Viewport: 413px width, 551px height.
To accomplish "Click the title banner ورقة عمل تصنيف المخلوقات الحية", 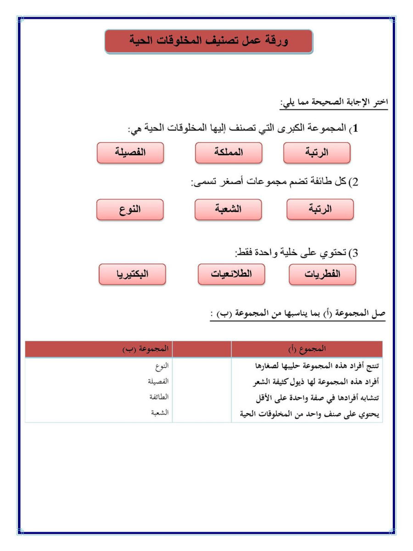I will coord(209,41).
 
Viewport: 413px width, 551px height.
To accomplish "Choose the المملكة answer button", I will coord(229,153).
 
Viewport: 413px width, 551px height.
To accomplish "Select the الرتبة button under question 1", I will coord(317,153).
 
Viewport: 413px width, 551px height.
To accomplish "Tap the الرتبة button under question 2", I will coord(320,209).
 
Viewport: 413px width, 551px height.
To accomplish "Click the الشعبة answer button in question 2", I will coord(228,209).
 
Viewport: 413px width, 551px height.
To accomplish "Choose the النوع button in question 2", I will coord(130,209).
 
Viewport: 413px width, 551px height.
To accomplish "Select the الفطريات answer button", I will coord(322,274).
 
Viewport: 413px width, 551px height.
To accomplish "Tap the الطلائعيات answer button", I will coord(231,274).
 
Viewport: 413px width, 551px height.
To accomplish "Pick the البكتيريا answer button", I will coord(133,274).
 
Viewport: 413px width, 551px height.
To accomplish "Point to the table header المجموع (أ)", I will coord(306,349).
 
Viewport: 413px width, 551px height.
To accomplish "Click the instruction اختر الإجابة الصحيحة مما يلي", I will coord(334,102).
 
